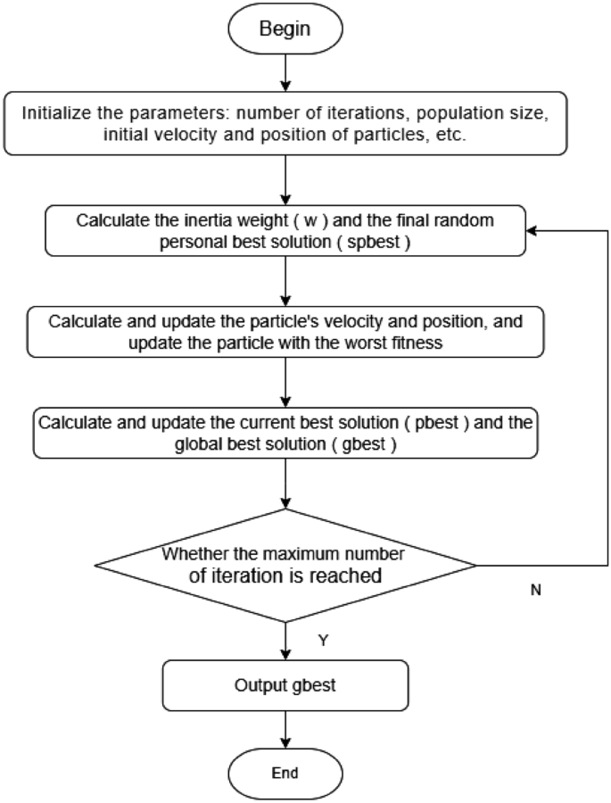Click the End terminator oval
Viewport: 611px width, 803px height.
pyautogui.click(x=285, y=773)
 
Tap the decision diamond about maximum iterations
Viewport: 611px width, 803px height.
pyautogui.click(x=285, y=565)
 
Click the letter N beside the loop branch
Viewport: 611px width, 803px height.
pyautogui.click(x=535, y=591)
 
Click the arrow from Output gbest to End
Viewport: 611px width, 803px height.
pyautogui.click(x=285, y=730)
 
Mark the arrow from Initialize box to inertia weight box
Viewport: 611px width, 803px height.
pyautogui.click(x=285, y=183)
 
